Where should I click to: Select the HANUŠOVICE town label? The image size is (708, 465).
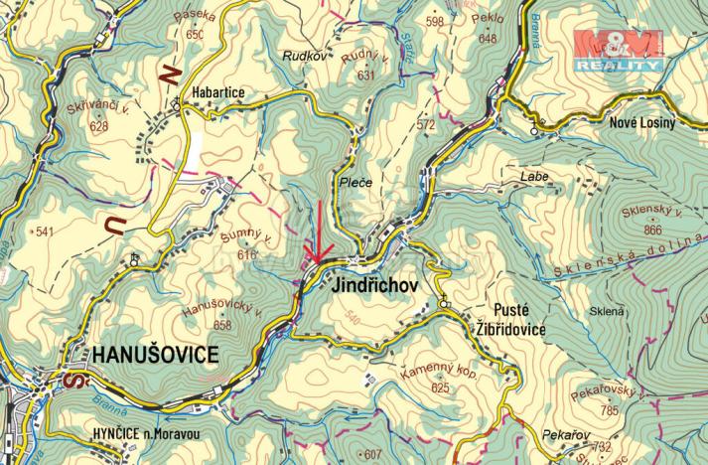click(155, 355)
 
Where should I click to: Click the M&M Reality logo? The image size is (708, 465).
click(620, 50)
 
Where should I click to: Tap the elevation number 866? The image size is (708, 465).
click(652, 231)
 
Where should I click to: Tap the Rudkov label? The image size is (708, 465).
click(305, 56)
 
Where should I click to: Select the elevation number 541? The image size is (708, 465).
click(45, 232)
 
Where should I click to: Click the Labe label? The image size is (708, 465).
click(533, 176)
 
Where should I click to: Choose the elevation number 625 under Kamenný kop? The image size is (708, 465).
click(440, 387)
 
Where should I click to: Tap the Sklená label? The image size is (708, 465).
click(607, 311)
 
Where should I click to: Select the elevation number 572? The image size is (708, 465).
click(426, 125)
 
